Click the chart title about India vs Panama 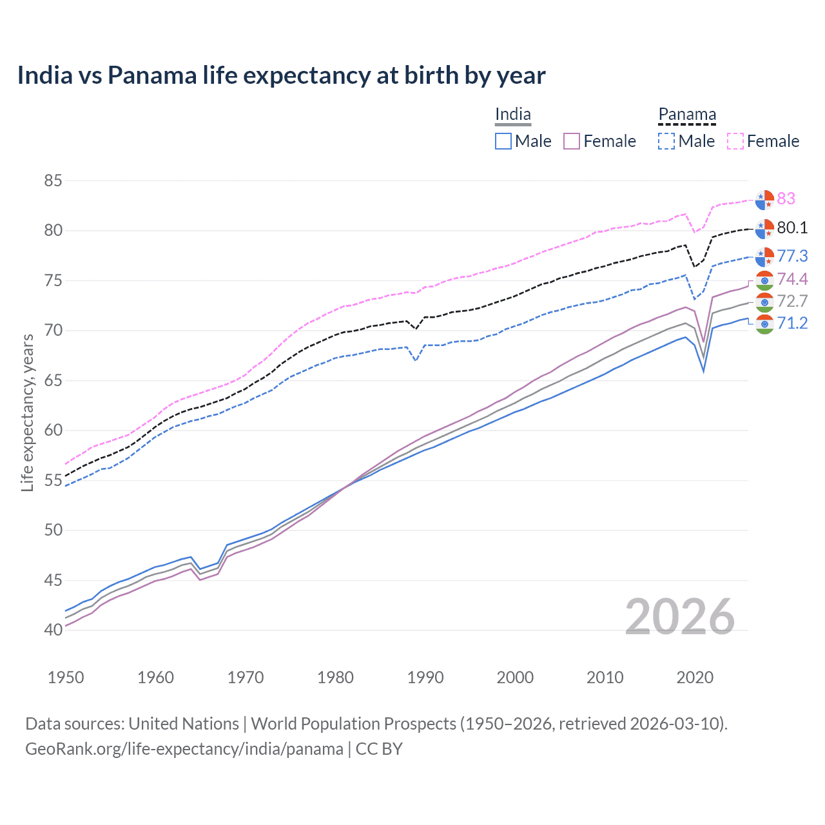pos(281,75)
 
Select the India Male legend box pos(503,141)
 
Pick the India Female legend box pos(572,141)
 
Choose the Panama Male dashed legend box pos(666,141)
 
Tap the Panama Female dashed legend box pos(735,141)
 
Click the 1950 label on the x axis pos(66,677)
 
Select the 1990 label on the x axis pos(425,677)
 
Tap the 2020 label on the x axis pos(695,677)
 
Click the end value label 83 pos(786,199)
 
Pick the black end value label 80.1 pos(792,228)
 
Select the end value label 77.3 pos(792,256)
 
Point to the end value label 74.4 pos(792,279)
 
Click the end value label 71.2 pos(792,323)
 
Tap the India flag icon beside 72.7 pos(764,302)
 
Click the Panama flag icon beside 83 pos(764,200)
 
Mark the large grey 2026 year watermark pos(679,617)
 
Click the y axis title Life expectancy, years pos(27,412)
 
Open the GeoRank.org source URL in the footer pos(184,749)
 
